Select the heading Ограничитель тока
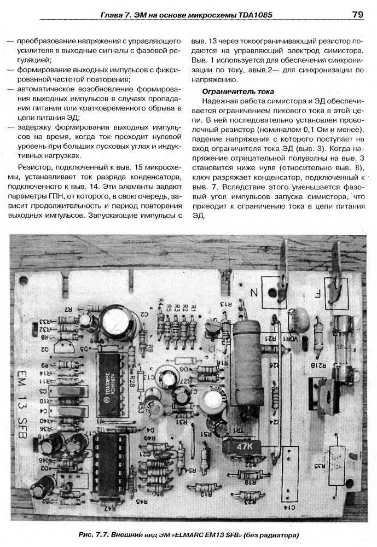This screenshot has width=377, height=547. click(237, 91)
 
